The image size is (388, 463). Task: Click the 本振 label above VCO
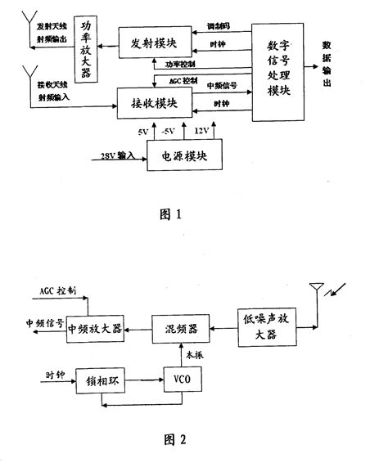[x=195, y=356]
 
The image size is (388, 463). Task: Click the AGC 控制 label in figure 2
[x=58, y=290]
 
